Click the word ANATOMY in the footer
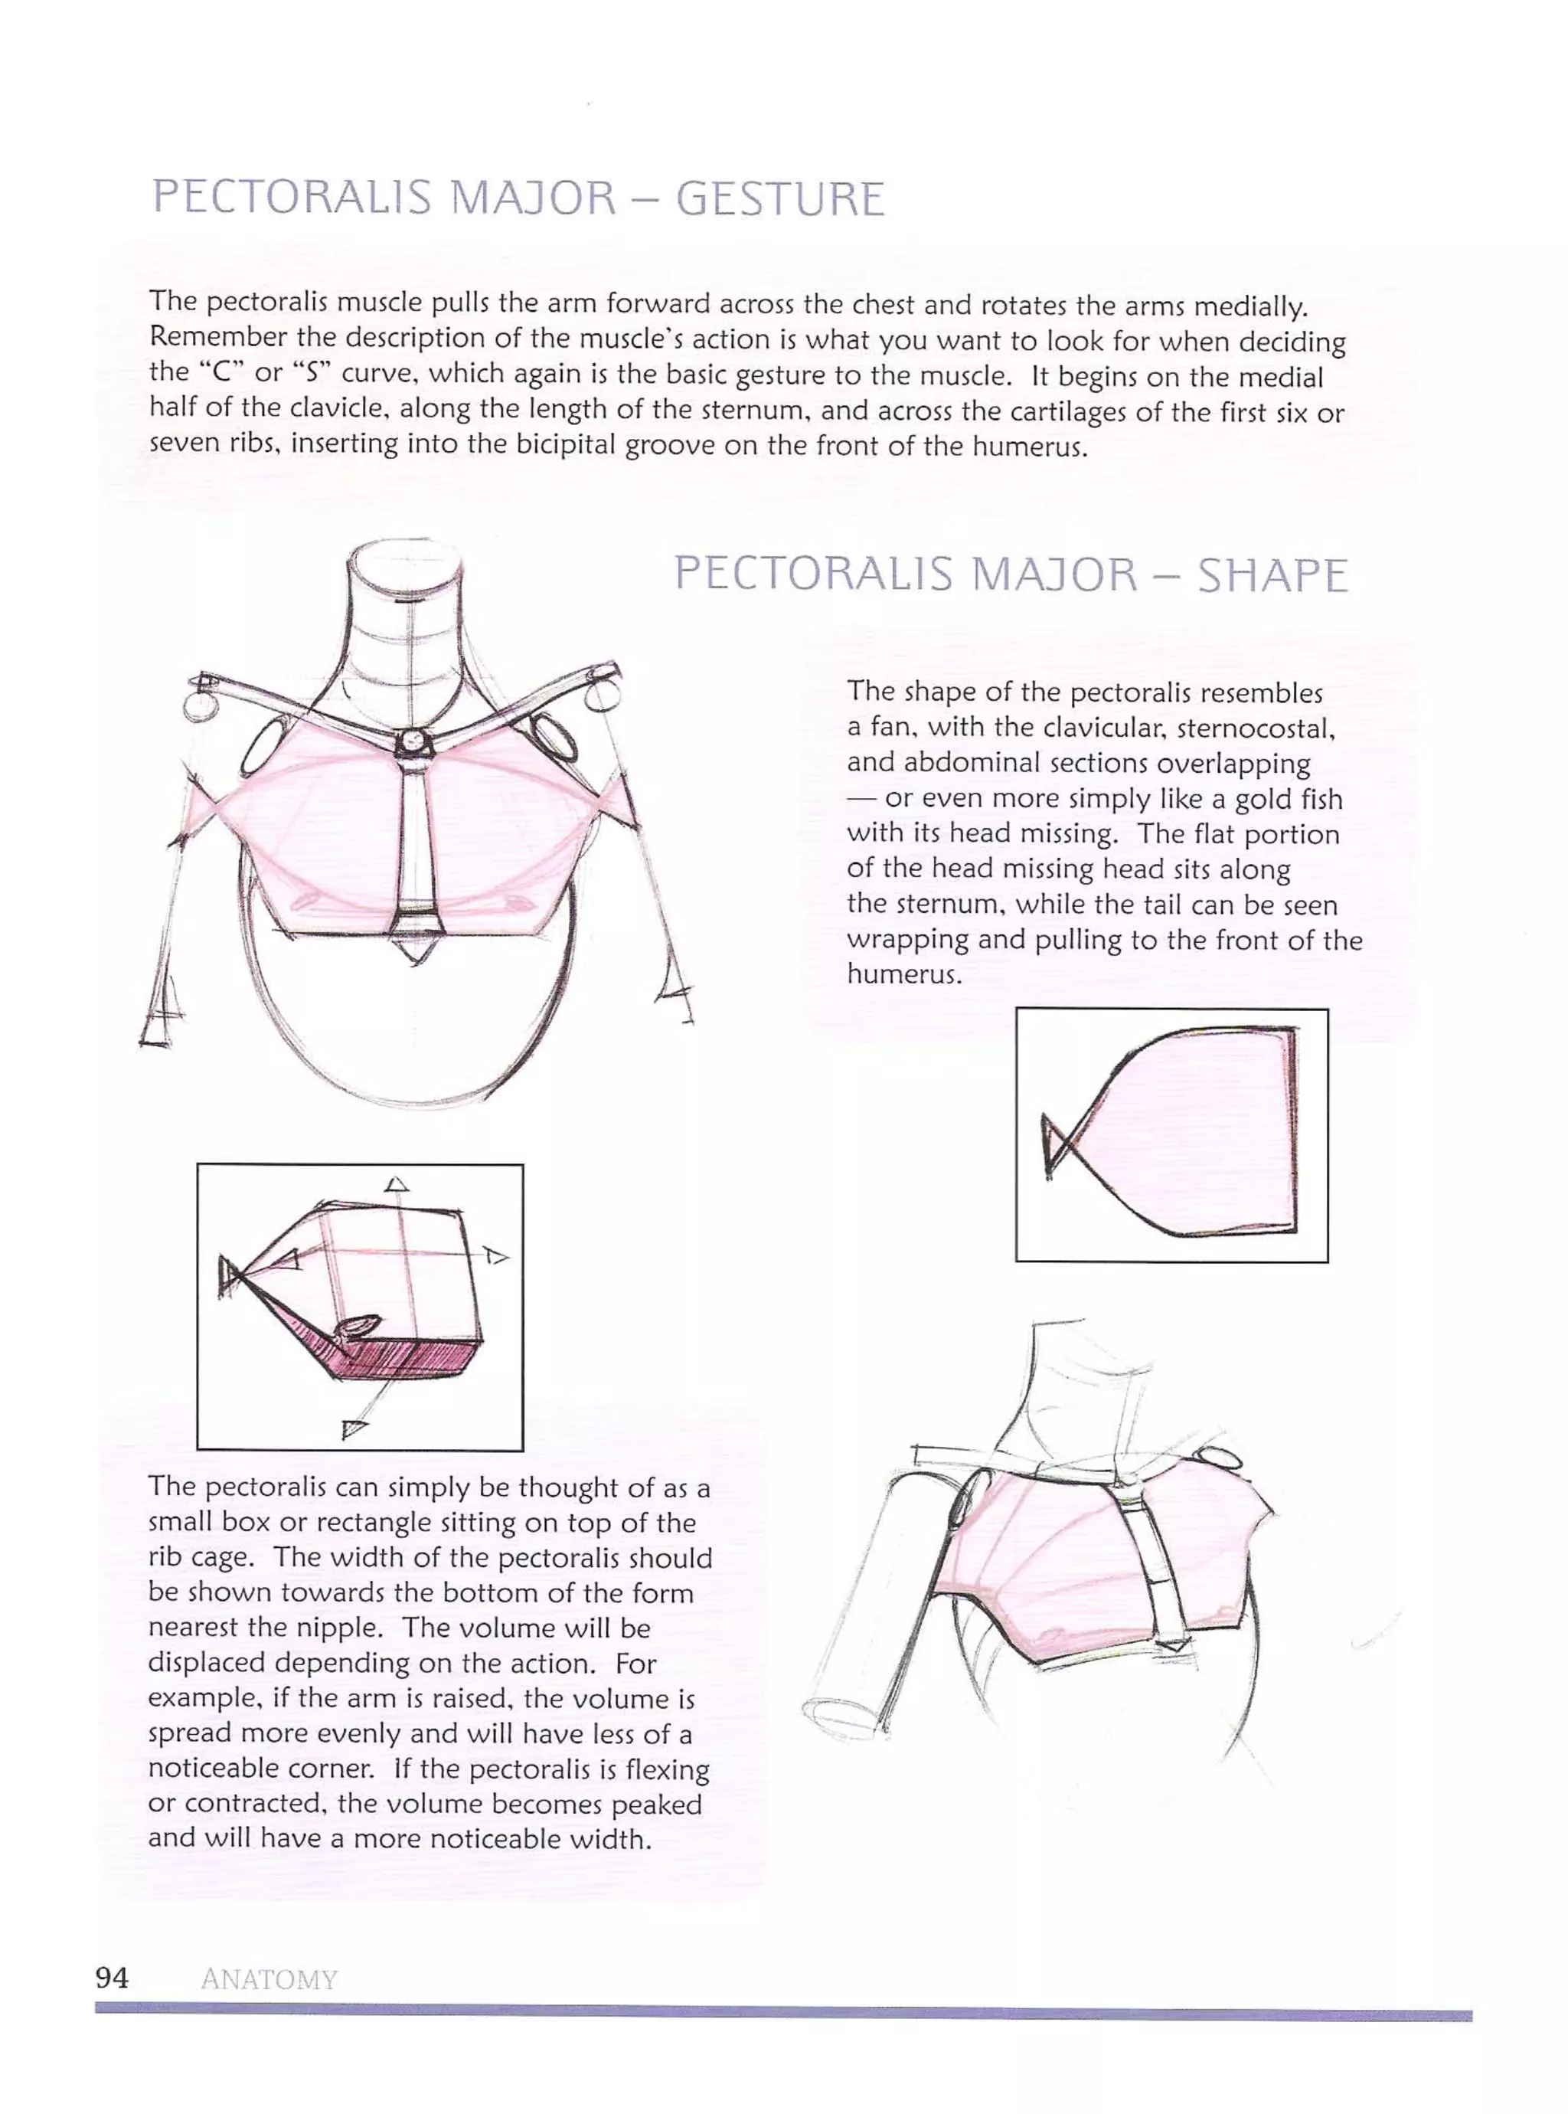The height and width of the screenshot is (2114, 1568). (269, 1979)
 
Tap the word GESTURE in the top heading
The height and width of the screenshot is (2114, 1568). (779, 198)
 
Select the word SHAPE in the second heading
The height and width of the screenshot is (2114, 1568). (1272, 575)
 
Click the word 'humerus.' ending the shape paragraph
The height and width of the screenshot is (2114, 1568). (903, 974)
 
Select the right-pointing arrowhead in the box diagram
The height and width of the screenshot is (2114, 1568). (495, 1256)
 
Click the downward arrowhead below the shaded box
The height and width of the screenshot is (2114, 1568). (353, 1427)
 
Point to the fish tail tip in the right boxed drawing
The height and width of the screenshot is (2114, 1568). (1048, 1147)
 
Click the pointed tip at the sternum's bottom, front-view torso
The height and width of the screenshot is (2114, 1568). (414, 955)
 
